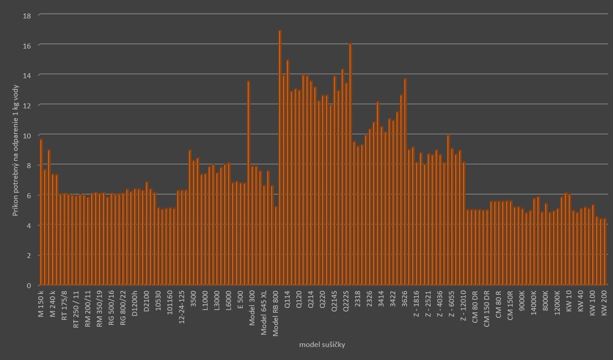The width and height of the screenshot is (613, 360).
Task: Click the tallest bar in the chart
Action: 280,157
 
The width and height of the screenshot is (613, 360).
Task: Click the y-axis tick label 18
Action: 27,15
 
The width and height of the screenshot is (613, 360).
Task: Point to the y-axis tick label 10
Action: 27,135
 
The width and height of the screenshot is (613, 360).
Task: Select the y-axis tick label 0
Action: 29,285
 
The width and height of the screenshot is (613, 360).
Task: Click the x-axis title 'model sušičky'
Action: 322,345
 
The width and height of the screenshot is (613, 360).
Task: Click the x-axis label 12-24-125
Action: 182,307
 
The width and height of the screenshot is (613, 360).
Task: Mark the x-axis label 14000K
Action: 533,304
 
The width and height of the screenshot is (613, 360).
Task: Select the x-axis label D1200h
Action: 135,304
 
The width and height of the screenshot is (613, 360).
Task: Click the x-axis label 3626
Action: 404,299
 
